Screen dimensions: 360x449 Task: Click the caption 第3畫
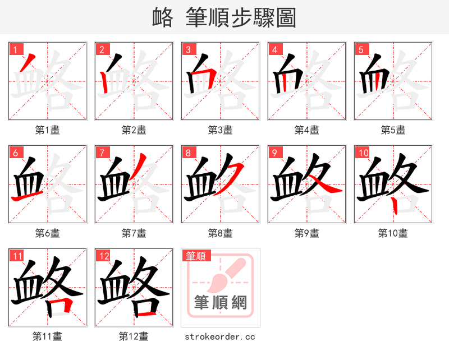coord(220,130)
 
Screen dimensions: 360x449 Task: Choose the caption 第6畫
coord(47,233)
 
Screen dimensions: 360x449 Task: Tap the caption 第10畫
coord(393,233)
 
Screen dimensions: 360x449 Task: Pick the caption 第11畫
coord(47,337)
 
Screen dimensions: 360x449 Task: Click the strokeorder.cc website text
coord(220,337)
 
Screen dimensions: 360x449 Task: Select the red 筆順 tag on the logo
coord(196,256)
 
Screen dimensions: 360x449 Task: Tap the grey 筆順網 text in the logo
coord(221,303)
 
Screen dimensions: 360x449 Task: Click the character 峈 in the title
coord(162,18)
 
